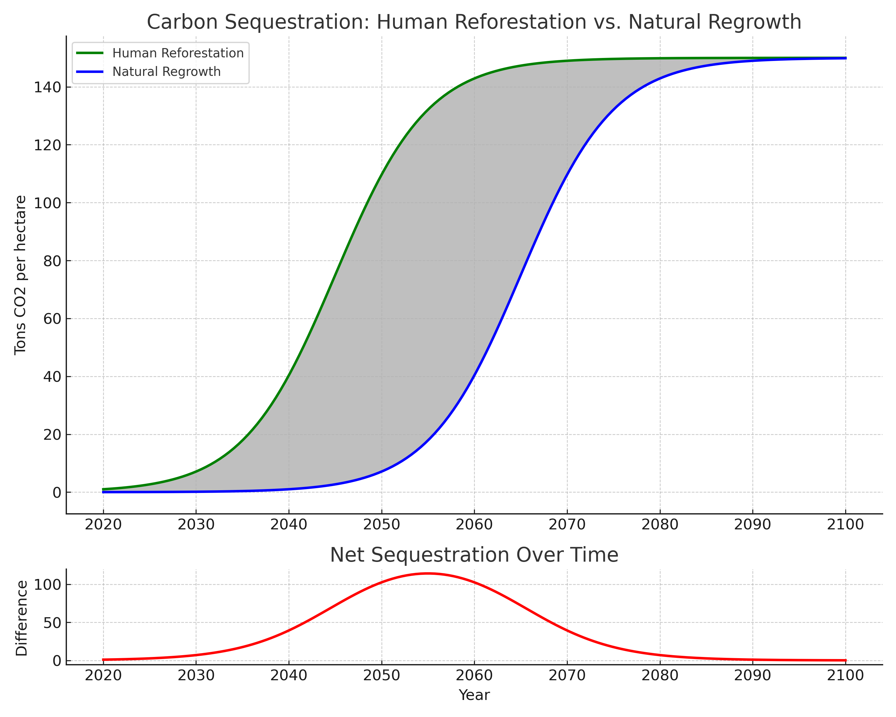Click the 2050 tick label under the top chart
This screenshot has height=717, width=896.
(x=381, y=525)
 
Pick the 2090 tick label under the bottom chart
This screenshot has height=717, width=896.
(x=753, y=675)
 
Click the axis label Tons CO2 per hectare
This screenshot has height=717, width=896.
(x=20, y=275)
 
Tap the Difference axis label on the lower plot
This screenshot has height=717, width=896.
(x=21, y=618)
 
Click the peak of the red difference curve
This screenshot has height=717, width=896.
(x=428, y=574)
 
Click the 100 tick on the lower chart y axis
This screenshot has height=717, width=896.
(x=47, y=585)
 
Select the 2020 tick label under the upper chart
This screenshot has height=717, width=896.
(x=103, y=525)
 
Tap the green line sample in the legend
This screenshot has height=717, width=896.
(x=90, y=53)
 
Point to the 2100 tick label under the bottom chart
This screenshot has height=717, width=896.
(x=845, y=675)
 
